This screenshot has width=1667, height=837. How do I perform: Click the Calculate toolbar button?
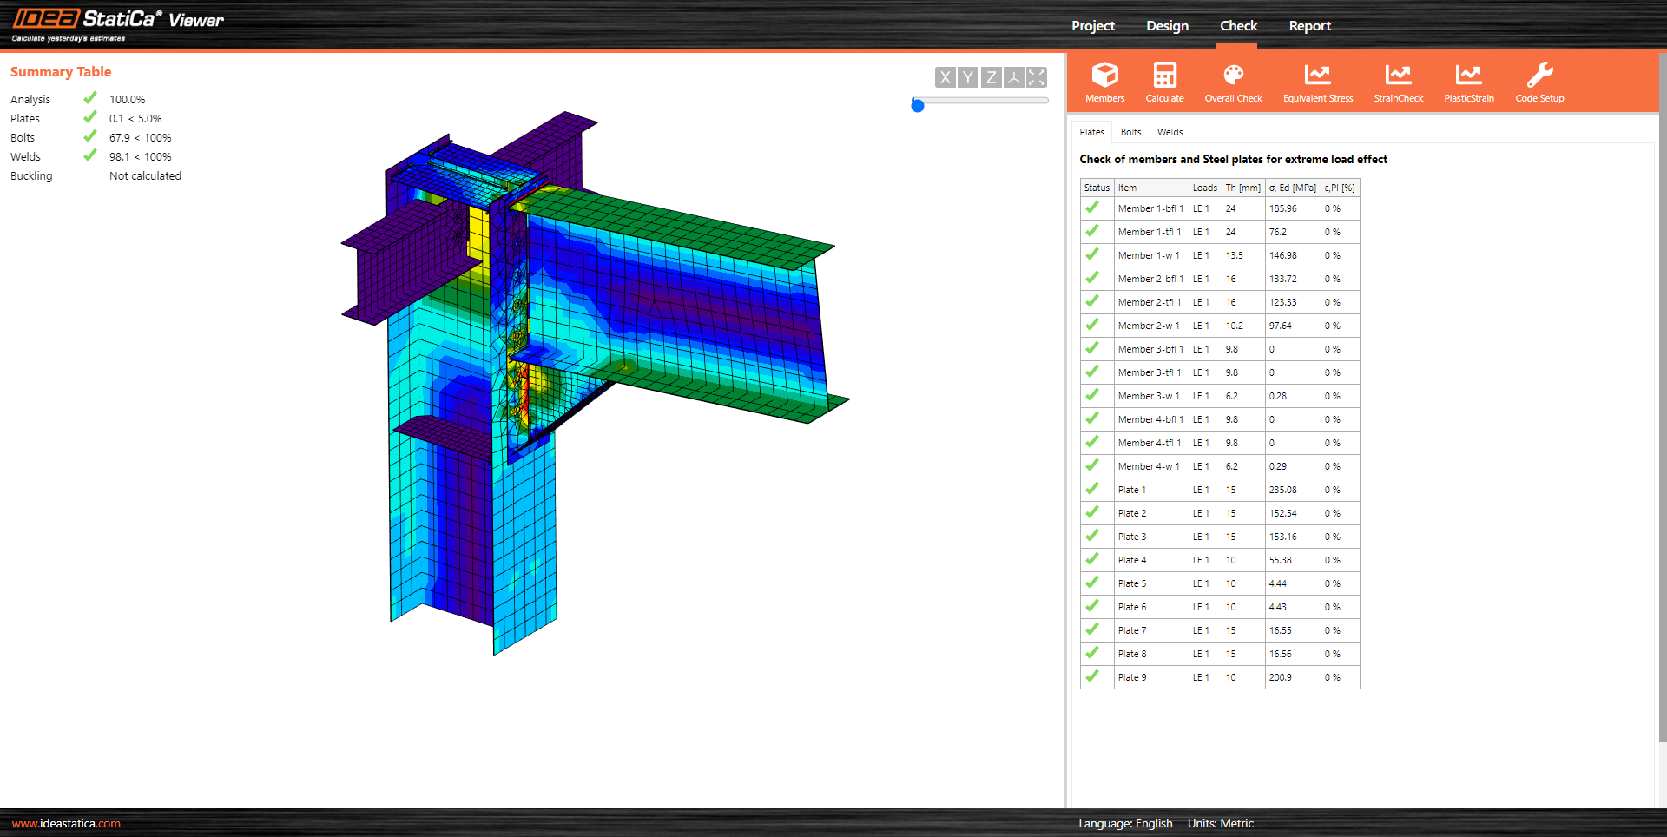click(x=1164, y=82)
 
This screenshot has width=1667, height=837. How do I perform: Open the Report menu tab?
click(x=1309, y=26)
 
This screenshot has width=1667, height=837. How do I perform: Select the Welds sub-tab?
click(x=1170, y=132)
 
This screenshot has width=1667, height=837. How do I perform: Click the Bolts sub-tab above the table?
click(x=1130, y=132)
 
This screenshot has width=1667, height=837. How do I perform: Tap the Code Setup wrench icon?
click(x=1539, y=75)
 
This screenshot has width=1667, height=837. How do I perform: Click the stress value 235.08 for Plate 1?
click(x=1282, y=490)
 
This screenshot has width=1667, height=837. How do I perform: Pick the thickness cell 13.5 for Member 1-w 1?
click(x=1234, y=255)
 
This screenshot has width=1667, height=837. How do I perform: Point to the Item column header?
click(x=1127, y=188)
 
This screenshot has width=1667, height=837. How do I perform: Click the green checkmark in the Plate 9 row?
click(x=1092, y=676)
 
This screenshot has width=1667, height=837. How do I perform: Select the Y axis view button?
click(x=968, y=77)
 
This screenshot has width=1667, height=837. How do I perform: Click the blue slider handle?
click(x=918, y=105)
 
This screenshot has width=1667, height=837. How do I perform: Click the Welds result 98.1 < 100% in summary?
click(x=140, y=157)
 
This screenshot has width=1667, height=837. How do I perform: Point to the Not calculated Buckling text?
click(x=145, y=176)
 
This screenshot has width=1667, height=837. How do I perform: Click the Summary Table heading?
click(x=61, y=72)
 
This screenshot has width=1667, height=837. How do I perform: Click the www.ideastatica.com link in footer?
click(x=66, y=823)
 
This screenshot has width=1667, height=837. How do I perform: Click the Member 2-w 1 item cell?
click(x=1148, y=326)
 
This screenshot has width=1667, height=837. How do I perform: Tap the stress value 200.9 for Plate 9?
click(x=1280, y=677)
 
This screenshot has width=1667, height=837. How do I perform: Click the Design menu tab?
click(x=1167, y=26)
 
